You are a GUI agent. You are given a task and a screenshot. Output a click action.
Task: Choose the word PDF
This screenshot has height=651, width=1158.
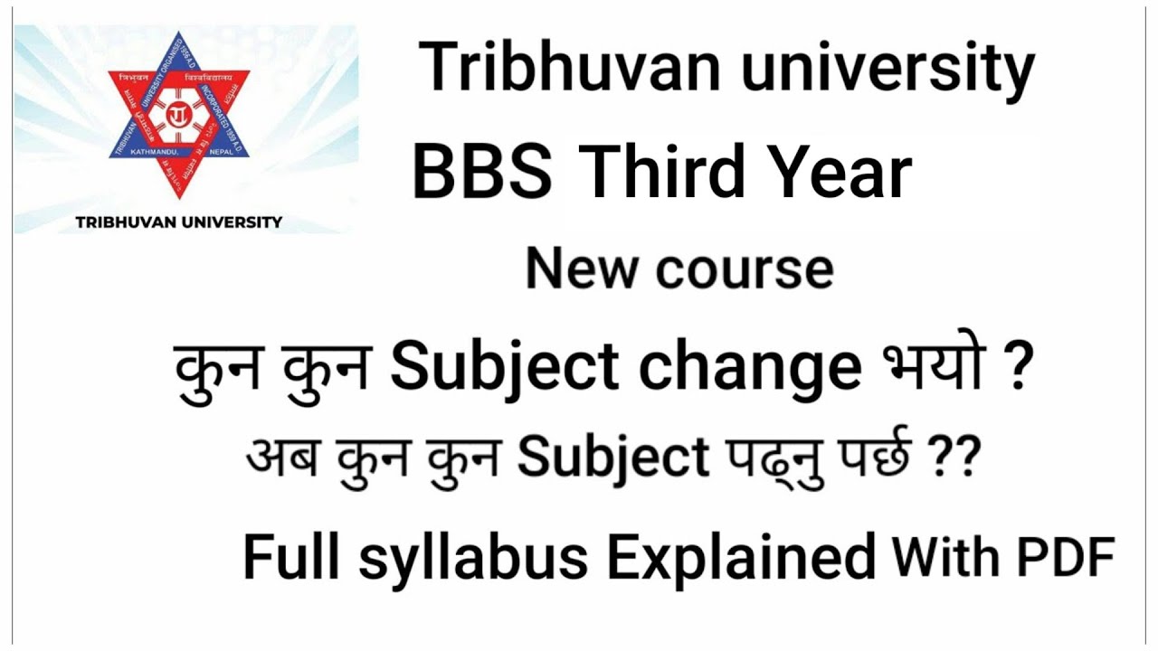1068,557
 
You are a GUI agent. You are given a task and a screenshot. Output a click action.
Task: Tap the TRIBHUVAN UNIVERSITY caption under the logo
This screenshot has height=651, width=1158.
179,222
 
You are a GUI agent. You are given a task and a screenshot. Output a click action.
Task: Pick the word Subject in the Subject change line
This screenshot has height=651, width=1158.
506,369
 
